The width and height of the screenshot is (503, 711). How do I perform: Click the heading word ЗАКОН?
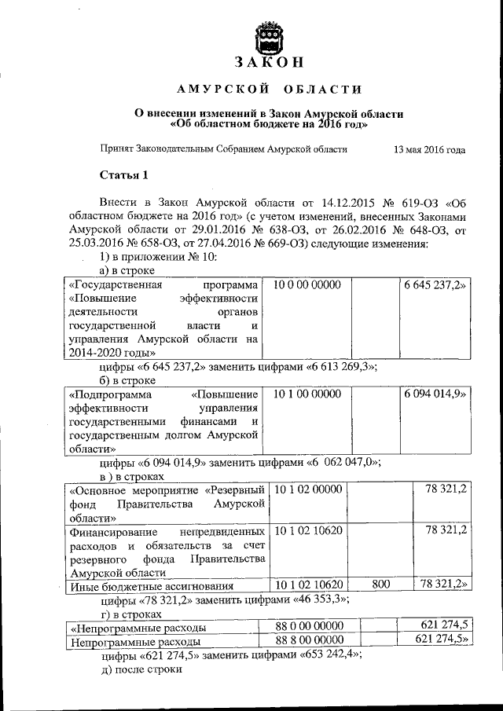pyautogui.click(x=270, y=63)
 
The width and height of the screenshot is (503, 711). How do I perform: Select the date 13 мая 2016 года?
pyautogui.click(x=428, y=148)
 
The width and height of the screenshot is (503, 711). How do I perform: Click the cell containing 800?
pyautogui.click(x=380, y=585)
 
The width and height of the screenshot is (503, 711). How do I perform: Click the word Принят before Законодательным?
pyautogui.click(x=116, y=148)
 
